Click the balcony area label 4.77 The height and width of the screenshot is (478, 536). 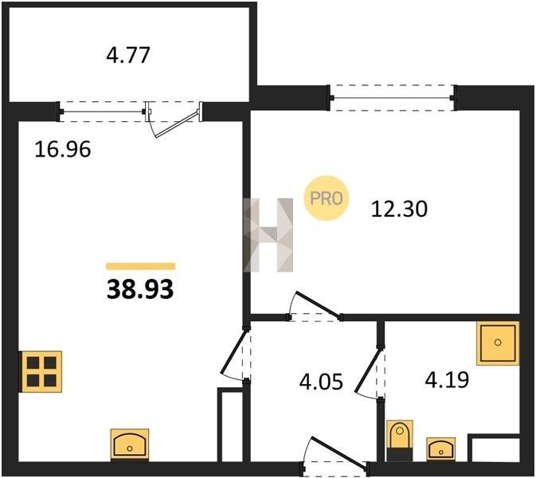tap(128, 56)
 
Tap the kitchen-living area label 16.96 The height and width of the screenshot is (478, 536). tap(63, 150)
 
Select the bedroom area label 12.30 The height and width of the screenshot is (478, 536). tap(399, 209)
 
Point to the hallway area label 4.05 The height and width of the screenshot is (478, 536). tap(321, 382)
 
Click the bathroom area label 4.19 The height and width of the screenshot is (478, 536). tap(447, 379)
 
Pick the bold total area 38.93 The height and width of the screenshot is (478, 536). tap(140, 289)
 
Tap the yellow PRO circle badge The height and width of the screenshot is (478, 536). tap(326, 198)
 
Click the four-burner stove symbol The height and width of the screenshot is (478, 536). tap(41, 372)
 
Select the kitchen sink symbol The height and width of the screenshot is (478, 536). tap(130, 445)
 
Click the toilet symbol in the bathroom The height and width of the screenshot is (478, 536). tap(400, 441)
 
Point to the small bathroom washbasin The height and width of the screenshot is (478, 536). tap(441, 449)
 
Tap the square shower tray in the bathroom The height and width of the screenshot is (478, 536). tap(498, 343)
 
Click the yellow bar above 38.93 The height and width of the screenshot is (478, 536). tap(140, 266)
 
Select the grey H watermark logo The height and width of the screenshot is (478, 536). tap(268, 235)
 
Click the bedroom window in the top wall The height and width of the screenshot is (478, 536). tap(393, 98)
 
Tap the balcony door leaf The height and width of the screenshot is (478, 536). tap(177, 123)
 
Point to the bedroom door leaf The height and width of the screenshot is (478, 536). tap(318, 304)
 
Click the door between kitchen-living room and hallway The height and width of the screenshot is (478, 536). tap(234, 351)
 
